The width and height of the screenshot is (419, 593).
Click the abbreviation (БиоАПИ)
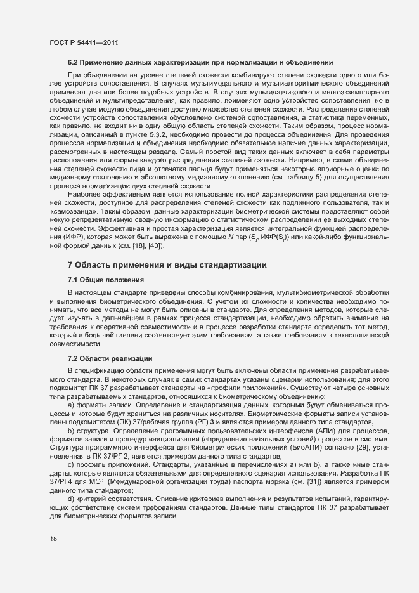click(x=303, y=448)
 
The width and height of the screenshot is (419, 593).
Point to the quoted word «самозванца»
click(x=69, y=212)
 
